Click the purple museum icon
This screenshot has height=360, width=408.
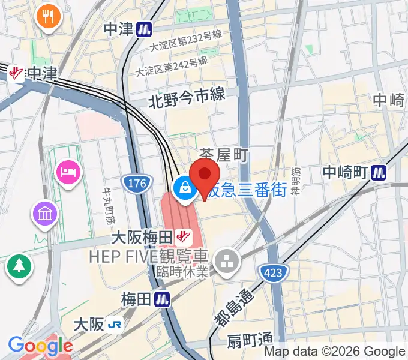tap(46, 214)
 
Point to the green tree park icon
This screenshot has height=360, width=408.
tap(19, 267)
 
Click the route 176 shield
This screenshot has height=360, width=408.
tap(136, 184)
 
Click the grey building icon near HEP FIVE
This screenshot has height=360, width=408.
tap(227, 261)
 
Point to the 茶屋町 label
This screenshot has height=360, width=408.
tap(223, 156)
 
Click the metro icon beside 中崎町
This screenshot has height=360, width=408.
tap(378, 173)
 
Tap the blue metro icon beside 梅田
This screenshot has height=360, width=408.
tap(161, 298)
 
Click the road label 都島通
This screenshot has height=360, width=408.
tap(233, 307)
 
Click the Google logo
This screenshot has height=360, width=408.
tap(40, 346)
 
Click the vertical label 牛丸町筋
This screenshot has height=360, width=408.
tap(110, 192)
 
